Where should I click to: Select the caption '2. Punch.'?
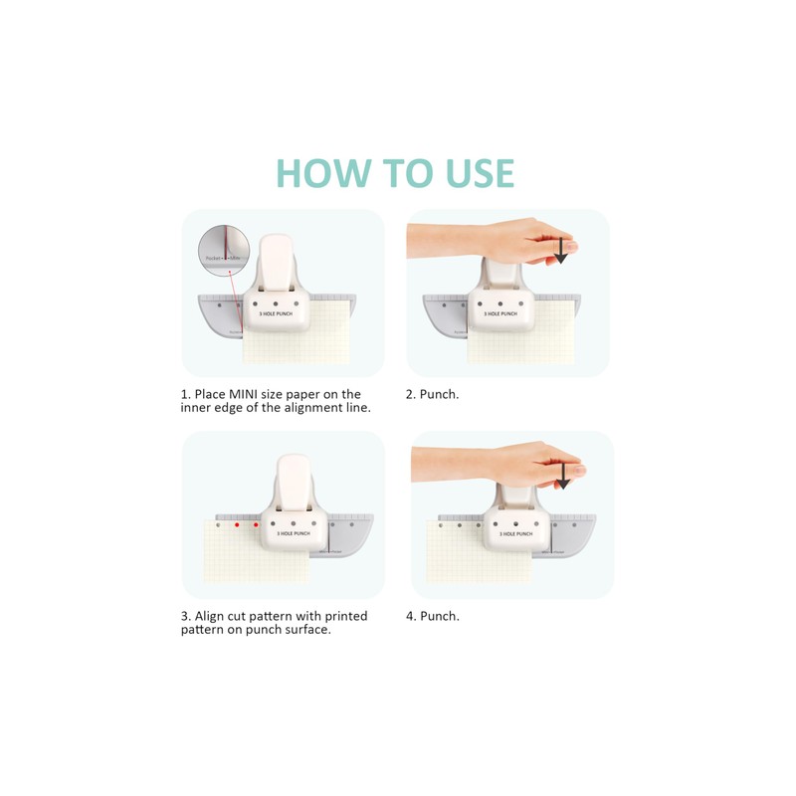click(433, 395)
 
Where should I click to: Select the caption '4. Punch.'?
click(433, 616)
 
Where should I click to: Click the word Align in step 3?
click(211, 616)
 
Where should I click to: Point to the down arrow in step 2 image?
click(560, 250)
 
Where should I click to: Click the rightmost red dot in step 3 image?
click(256, 523)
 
